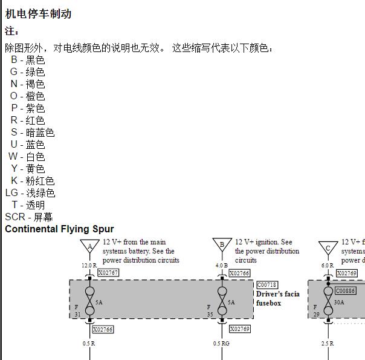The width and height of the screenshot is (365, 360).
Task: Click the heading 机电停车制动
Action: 38,13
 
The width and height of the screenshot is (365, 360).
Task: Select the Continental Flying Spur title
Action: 59,229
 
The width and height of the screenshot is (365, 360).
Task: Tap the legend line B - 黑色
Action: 28,60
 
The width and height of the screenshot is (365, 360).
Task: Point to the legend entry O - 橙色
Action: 27,96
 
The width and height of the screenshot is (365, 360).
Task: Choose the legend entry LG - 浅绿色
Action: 30,193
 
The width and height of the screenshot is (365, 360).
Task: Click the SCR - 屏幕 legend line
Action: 29,217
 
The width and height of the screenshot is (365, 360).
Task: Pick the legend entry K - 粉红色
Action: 33,181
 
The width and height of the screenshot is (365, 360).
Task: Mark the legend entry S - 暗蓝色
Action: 33,133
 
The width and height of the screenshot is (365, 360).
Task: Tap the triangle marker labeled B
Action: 222,245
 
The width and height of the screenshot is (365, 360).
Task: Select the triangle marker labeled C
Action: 328,247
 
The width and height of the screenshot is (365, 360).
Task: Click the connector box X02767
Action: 108,273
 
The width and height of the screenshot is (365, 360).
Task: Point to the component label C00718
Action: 267,285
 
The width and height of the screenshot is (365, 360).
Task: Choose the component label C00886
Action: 346,291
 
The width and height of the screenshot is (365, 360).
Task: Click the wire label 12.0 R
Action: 89,265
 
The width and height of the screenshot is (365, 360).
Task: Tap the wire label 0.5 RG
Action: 221,344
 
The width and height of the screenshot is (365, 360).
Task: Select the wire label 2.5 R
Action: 328,344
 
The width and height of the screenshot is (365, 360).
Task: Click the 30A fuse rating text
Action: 339,302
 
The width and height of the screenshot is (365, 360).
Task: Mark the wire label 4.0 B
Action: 222,265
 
